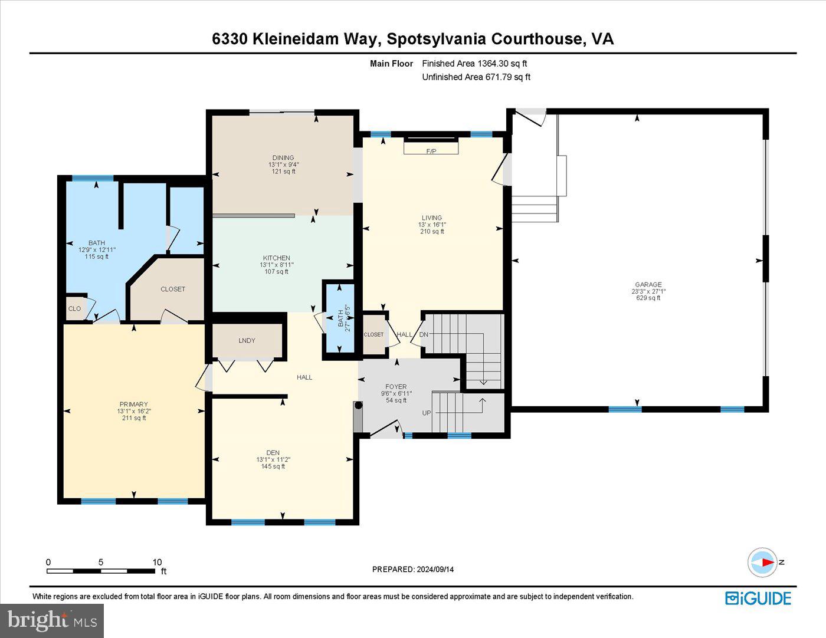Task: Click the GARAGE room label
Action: point(648,284)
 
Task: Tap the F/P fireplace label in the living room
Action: point(431,152)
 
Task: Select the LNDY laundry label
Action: point(247,340)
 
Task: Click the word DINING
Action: point(283,157)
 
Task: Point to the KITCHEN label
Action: point(276,258)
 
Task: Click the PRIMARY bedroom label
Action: point(133,404)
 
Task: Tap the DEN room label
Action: point(273,452)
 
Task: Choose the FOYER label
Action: point(396,387)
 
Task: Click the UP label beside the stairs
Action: point(427,413)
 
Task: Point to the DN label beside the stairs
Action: point(424,334)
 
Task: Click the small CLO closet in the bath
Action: point(74,308)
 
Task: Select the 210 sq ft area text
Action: point(432,232)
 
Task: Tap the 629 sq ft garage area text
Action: point(648,298)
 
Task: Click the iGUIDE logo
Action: point(758,598)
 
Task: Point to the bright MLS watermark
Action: point(52,620)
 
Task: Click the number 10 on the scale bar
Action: point(157,562)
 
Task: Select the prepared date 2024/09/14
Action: point(435,569)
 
